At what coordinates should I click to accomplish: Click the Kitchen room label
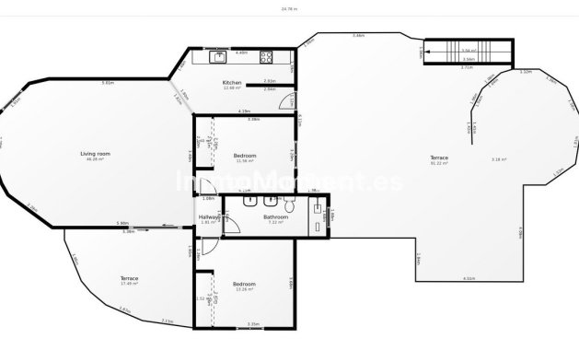232,83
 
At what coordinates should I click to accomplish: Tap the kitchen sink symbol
219,58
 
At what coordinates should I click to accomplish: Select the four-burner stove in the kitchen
266,57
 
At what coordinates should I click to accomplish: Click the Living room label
91,154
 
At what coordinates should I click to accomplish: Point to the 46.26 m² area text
91,160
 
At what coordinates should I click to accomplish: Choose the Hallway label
209,216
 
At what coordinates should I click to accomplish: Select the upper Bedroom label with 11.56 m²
244,155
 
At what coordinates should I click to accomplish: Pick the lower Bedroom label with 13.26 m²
244,284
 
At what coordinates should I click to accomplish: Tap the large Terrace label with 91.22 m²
439,158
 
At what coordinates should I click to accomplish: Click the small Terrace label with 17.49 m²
129,277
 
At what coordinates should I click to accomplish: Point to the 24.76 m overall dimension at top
289,8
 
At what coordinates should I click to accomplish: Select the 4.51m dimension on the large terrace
469,277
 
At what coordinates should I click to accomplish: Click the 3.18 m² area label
500,159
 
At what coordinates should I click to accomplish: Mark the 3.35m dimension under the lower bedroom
253,323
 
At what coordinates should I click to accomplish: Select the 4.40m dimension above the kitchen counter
241,52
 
